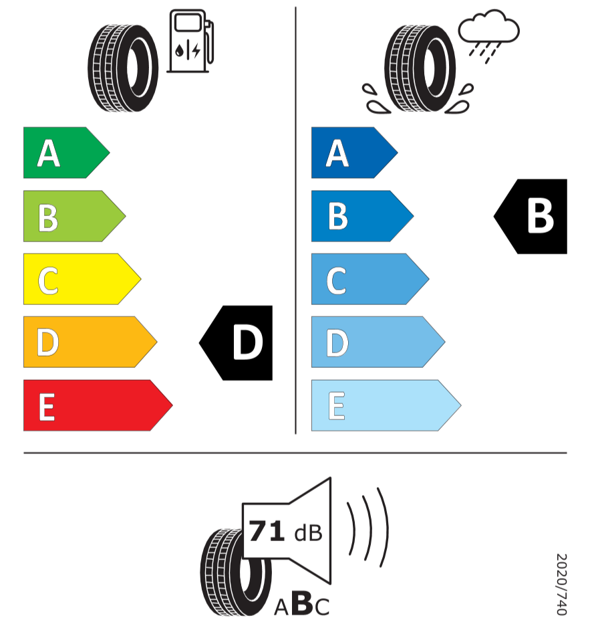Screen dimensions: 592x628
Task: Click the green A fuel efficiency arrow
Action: point(63,152)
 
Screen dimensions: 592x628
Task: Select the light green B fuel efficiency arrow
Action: point(71,216)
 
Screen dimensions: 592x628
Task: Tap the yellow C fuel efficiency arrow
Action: point(79,279)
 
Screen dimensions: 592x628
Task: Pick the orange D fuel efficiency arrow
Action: point(87,342)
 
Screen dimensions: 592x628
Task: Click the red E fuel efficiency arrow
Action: point(95,405)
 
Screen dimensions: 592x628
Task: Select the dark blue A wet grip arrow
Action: point(351,152)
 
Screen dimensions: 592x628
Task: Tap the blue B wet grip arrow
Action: point(359,216)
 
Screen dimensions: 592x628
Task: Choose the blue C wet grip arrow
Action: point(367,279)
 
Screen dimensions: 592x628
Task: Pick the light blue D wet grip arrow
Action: point(375,342)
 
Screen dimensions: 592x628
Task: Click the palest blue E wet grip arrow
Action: point(383,405)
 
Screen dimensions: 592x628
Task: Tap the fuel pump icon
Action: point(190,41)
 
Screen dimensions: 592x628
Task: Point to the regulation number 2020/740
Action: point(561,584)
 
